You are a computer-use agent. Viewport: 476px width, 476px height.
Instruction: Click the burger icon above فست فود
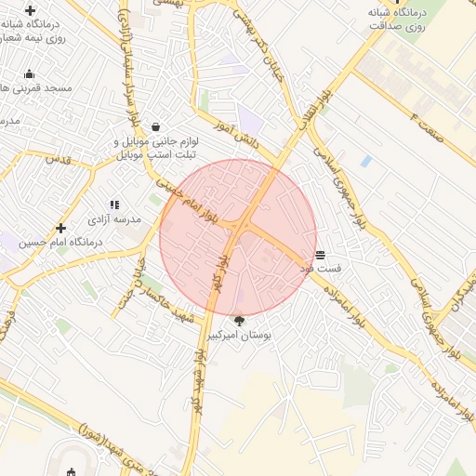(320, 254)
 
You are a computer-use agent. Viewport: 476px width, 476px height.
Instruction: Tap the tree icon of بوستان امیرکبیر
(239, 321)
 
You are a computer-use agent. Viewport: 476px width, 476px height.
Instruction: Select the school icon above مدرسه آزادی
(114, 205)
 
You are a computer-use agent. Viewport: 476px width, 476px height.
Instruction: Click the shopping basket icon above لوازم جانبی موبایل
(154, 126)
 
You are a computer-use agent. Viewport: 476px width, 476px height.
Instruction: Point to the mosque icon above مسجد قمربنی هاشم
(29, 74)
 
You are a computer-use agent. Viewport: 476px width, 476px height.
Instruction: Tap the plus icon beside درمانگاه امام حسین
(61, 228)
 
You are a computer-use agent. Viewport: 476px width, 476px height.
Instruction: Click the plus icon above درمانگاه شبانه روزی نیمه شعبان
(30, 9)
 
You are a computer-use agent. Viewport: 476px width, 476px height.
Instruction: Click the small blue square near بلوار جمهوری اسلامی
(365, 161)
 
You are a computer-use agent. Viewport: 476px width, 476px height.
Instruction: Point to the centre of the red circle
(238, 236)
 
